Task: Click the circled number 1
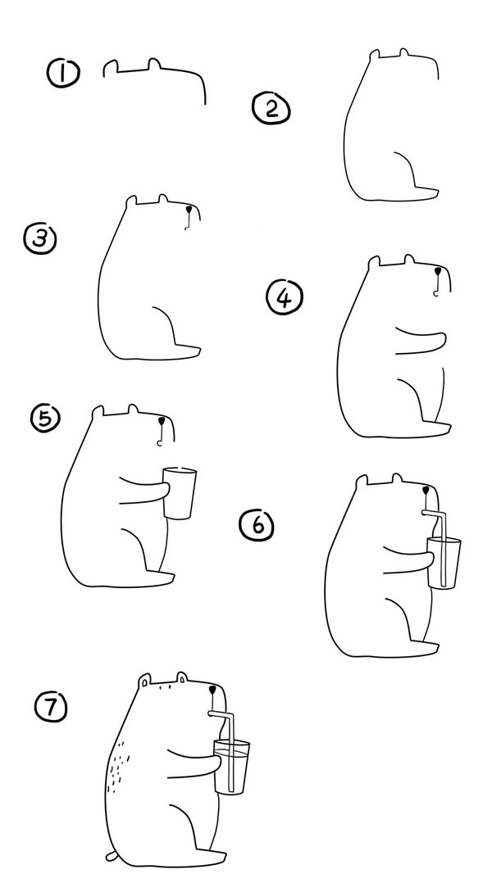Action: (63, 74)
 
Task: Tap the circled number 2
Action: (271, 109)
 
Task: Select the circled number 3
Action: (40, 238)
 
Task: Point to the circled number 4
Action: (285, 297)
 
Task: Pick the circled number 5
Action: (46, 419)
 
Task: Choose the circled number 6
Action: (257, 525)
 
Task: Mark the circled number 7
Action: (51, 707)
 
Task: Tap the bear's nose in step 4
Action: (437, 271)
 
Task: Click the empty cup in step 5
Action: (180, 493)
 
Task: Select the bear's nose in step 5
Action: (162, 422)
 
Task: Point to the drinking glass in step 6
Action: (444, 564)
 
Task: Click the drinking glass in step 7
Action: (231, 767)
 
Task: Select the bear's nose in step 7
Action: (212, 690)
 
